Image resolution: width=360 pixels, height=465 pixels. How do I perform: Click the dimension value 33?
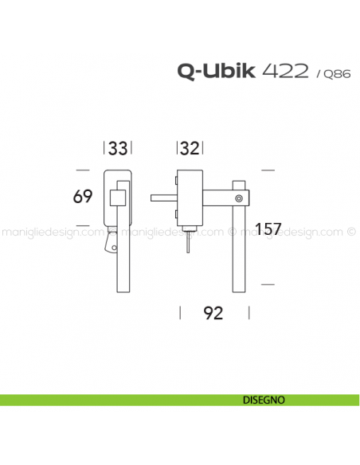118,148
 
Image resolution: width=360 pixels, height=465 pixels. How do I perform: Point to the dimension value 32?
190,148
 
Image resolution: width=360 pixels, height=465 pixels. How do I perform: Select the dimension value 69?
83,197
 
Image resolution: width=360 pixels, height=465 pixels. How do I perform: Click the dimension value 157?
269,229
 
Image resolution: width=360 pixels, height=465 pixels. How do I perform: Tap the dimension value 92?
211,313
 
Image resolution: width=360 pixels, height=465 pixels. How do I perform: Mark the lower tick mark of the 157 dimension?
268,283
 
